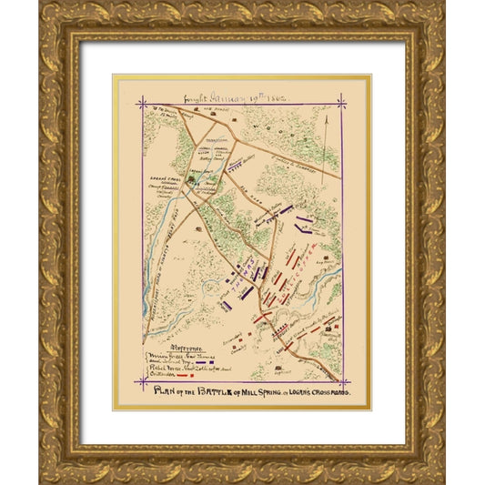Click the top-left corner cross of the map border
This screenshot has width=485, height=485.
point(141,102)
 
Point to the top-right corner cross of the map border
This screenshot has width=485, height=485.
point(343,102)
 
